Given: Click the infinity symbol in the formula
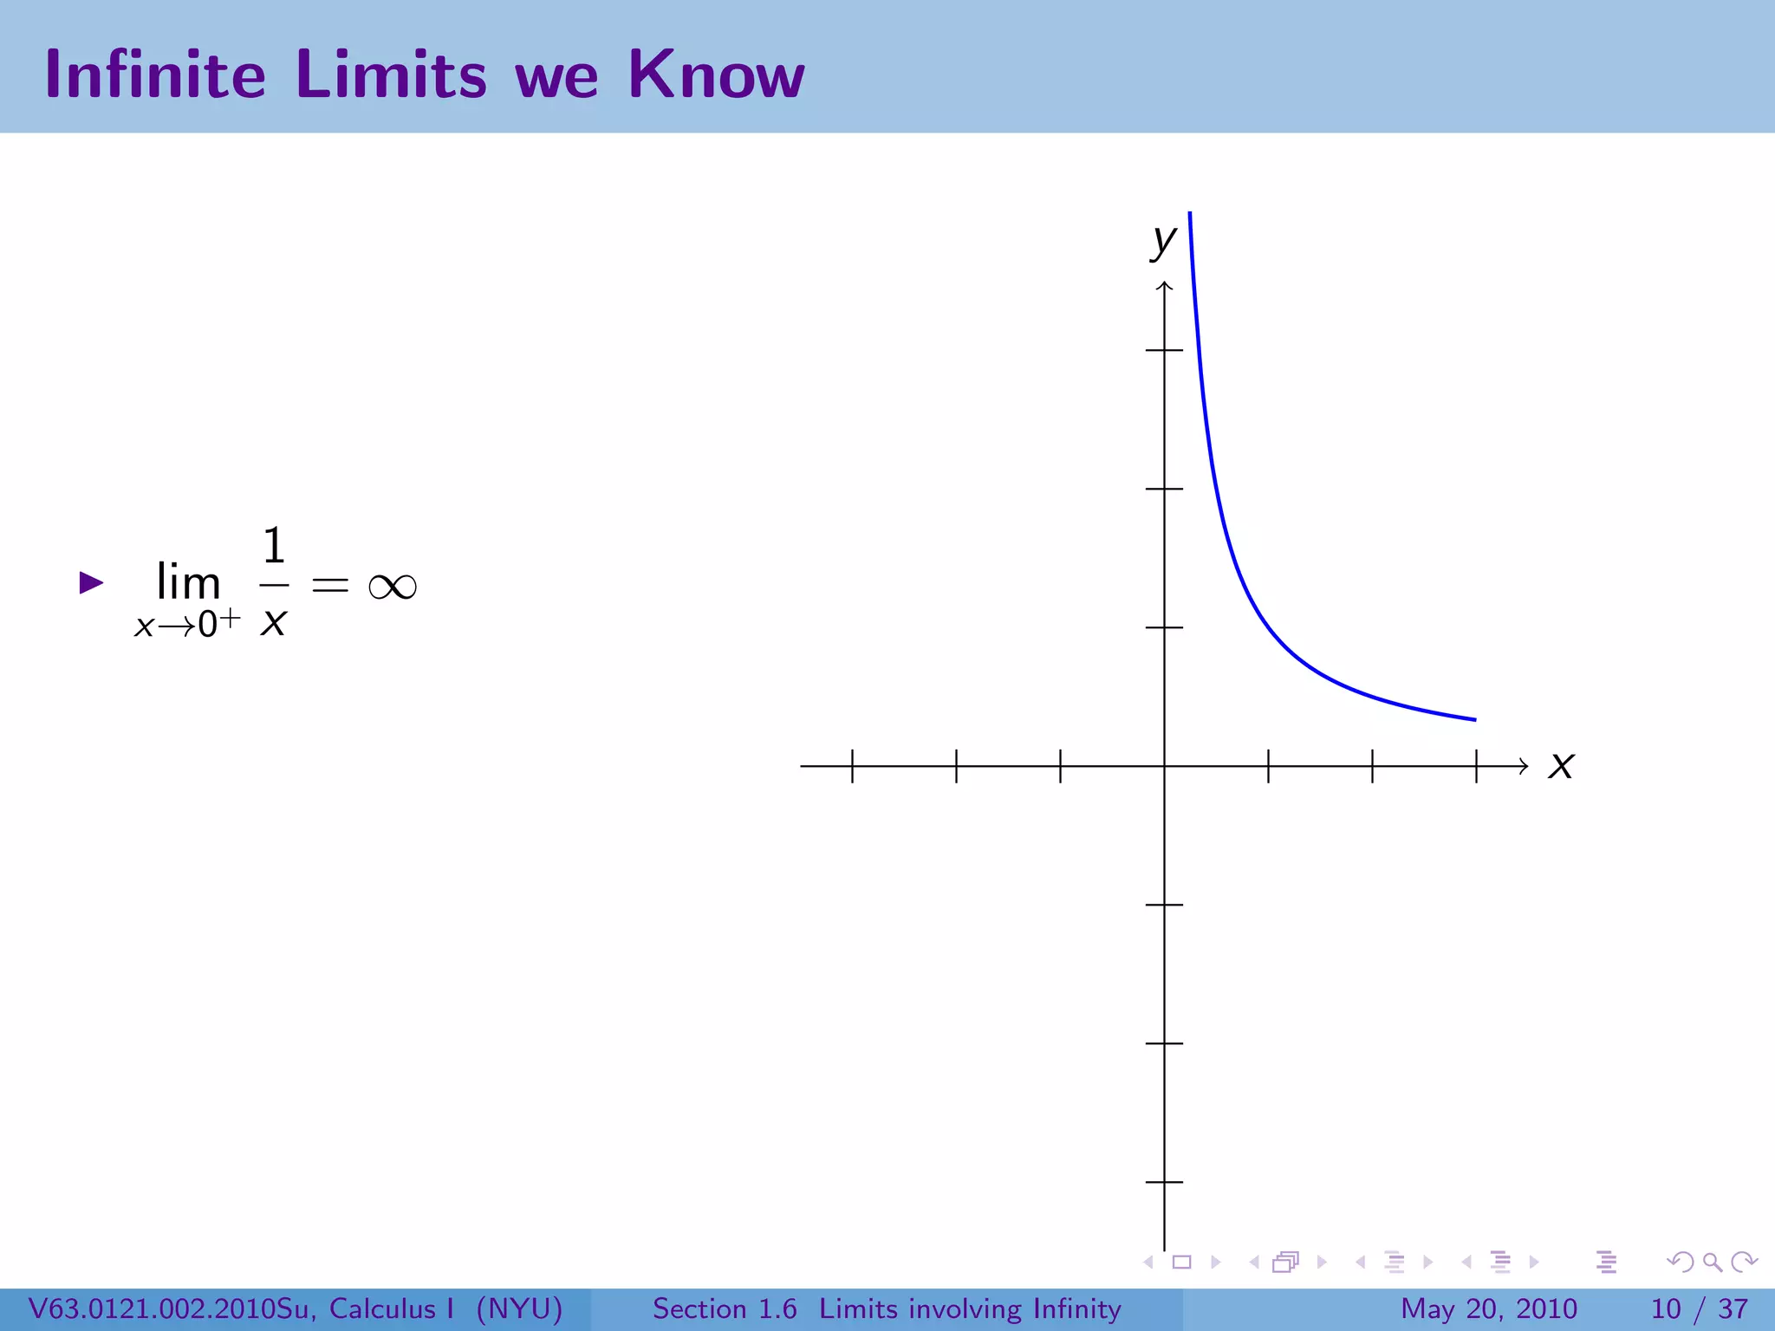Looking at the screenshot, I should coord(393,587).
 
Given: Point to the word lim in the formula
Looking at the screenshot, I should coord(188,582).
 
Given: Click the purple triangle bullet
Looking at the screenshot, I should coord(91,582).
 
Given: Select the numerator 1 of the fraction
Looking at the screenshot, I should coord(274,546).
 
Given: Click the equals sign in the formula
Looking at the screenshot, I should coord(330,587).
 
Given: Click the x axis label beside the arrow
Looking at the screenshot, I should coord(1561,765).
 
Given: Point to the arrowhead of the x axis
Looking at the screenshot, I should coord(1524,766).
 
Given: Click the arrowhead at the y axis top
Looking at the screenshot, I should coord(1165,286).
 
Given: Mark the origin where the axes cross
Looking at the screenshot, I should coord(1165,766).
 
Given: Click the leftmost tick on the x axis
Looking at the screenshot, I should coord(853,766).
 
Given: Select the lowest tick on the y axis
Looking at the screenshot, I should coord(1165,1182).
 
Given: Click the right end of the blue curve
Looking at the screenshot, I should coord(1473,719).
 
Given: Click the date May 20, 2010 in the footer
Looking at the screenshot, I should coord(1489,1308).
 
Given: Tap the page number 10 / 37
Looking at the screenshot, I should coord(1699,1308).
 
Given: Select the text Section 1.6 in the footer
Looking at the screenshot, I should coord(725,1308).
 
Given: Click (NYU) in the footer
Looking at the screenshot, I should coord(519,1308).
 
